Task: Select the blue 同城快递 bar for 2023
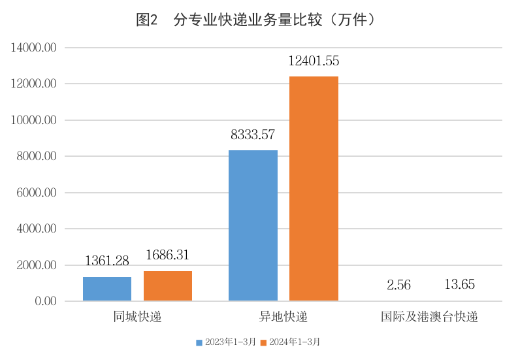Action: (107, 289)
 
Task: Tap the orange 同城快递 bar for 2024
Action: (168, 286)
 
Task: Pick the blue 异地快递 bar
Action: (253, 225)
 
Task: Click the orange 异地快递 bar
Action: (314, 189)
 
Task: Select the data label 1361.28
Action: (107, 261)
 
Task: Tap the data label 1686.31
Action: (168, 255)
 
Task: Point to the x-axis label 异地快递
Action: (283, 318)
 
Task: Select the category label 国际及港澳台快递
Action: (429, 318)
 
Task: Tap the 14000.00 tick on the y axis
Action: (35, 48)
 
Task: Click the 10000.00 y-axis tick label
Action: (35, 121)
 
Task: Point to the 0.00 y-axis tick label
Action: (46, 302)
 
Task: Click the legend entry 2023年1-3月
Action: (226, 342)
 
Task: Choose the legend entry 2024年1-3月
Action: (291, 342)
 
